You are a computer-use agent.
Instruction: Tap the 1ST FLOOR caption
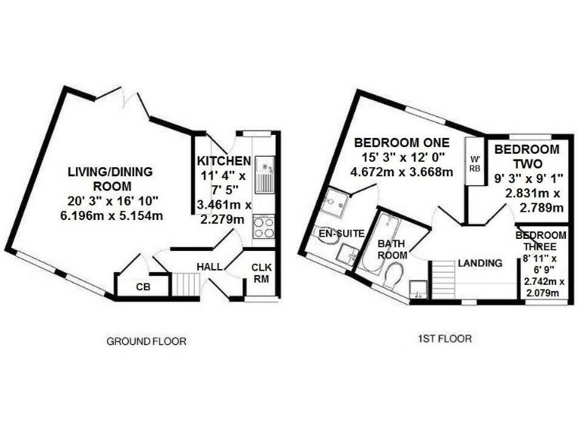coord(445,338)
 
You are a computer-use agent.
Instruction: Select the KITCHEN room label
coord(224,160)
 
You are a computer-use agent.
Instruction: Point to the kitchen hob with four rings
coord(264,227)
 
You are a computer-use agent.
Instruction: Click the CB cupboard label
coord(142,286)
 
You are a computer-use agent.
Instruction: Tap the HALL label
coord(209,267)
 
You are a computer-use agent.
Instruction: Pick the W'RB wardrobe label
coord(475,164)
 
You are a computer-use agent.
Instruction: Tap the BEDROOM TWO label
coord(527,157)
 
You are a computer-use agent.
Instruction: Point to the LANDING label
coord(480,263)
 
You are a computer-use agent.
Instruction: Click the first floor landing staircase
coord(443,279)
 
